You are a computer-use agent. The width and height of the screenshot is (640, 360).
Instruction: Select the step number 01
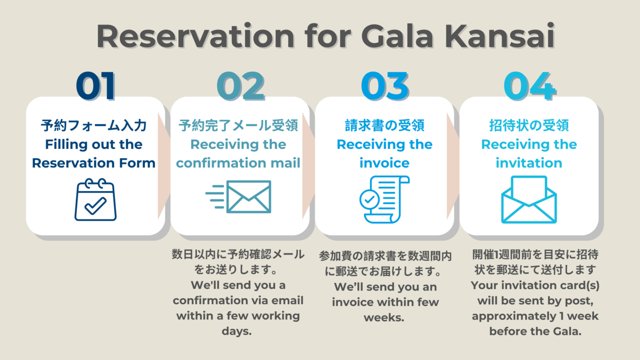pyautogui.click(x=96, y=86)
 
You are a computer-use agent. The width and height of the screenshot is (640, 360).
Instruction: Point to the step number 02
pyautogui.click(x=241, y=86)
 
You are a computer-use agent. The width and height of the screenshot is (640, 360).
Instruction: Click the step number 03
pyautogui.click(x=385, y=86)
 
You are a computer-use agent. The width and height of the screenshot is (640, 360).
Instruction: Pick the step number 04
pyautogui.click(x=530, y=86)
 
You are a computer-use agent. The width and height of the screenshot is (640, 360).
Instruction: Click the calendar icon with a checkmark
pyautogui.click(x=96, y=200)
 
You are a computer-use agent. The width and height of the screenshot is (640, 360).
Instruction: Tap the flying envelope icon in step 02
pyautogui.click(x=238, y=197)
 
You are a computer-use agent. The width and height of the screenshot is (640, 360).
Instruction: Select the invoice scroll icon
pyautogui.click(x=385, y=200)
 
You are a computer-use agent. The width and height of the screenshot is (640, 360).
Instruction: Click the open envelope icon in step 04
pyautogui.click(x=529, y=200)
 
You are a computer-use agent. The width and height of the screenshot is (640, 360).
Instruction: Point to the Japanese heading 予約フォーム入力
pyautogui.click(x=94, y=125)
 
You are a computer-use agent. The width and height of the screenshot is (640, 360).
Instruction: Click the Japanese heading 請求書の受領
pyautogui.click(x=385, y=125)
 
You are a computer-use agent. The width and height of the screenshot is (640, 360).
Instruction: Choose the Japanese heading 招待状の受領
pyautogui.click(x=529, y=125)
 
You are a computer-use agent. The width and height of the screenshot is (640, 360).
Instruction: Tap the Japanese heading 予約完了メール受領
pyautogui.click(x=238, y=125)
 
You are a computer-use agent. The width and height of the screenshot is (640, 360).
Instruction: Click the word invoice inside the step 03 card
pyautogui.click(x=385, y=163)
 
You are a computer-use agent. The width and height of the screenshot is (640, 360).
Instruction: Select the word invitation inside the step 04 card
pyautogui.click(x=529, y=163)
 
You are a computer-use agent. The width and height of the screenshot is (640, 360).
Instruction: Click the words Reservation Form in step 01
pyautogui.click(x=94, y=163)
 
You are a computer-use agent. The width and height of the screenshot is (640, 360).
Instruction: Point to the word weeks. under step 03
pyautogui.click(x=384, y=317)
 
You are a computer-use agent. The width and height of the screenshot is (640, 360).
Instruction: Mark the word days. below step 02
pyautogui.click(x=237, y=331)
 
